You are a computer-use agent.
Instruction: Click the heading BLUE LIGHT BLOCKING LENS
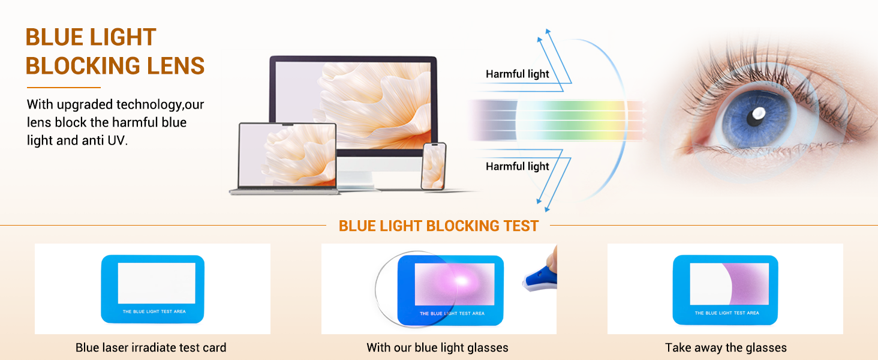115,52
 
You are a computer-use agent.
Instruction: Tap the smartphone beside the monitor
433,166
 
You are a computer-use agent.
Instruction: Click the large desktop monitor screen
353,102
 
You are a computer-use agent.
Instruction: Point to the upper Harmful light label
517,74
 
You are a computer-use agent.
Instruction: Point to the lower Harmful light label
517,166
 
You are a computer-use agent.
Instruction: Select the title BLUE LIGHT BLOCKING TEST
438,226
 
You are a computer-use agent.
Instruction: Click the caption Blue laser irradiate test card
151,347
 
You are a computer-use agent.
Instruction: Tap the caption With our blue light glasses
437,347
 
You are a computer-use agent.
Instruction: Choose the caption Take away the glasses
726,347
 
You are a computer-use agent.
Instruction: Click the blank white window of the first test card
157,283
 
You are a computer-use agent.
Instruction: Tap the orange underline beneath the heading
63,88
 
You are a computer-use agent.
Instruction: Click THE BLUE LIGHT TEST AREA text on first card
154,312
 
